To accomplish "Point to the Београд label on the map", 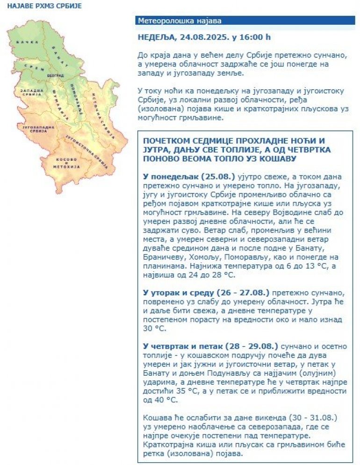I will pyautogui.click(x=56, y=75).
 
